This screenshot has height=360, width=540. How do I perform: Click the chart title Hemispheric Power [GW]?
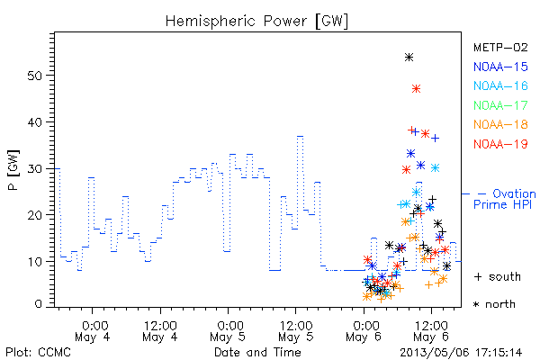point(256,22)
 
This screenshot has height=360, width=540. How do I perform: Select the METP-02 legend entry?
point(500,47)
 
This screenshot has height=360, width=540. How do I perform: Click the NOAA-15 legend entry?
point(500,67)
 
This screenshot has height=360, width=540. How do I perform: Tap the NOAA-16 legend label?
point(500,85)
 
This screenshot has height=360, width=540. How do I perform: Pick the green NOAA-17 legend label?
point(500,105)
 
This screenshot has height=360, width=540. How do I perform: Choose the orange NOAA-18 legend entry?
point(500,124)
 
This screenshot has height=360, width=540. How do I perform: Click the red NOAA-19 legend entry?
point(500,144)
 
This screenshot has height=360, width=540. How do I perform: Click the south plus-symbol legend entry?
point(498,276)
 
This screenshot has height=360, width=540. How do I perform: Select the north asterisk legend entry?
point(494,304)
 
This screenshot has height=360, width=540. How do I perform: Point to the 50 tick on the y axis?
point(34,76)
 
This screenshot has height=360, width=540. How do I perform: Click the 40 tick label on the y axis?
point(34,122)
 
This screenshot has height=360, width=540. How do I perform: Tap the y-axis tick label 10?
point(34,262)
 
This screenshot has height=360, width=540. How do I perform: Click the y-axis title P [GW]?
point(13,170)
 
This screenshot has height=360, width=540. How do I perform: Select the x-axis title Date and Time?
point(257,352)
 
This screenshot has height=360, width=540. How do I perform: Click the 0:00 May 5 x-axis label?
point(228,331)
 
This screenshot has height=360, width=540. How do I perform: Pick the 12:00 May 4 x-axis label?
point(160,331)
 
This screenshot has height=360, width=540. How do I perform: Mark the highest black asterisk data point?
point(409,58)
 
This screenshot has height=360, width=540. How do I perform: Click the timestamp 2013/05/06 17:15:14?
point(461,353)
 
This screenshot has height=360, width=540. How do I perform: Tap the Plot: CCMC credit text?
point(38,353)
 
